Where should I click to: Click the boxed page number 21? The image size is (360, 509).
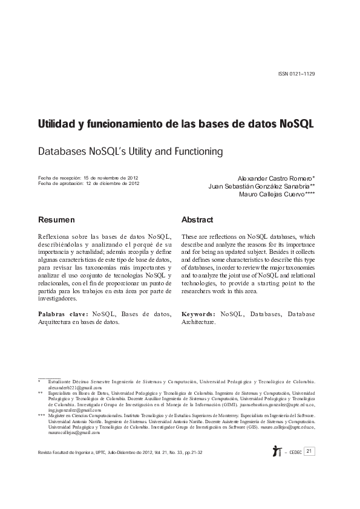point(309,451)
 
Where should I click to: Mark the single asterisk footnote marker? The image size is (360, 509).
point(39,382)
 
